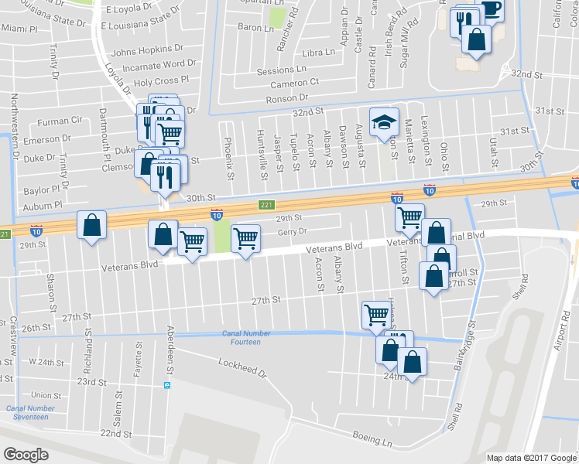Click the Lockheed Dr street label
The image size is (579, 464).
pos(242,367)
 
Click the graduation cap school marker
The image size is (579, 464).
pos(382,122)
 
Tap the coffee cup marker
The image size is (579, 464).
pos(490,9)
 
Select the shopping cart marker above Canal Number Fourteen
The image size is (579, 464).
pos(375,314)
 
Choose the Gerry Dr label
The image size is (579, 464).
pos(293,230)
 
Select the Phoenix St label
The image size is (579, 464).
pos(228,158)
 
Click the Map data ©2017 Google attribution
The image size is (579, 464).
pos(532,458)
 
